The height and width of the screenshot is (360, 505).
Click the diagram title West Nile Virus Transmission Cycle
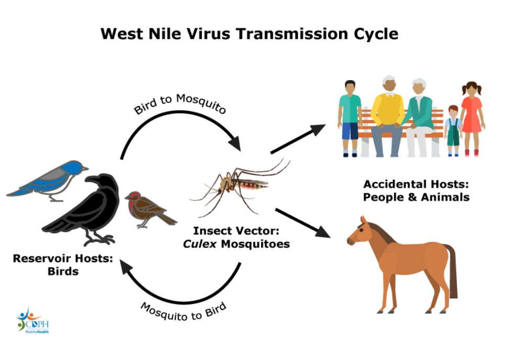pos(249,34)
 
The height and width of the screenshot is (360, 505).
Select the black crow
pos(89,209)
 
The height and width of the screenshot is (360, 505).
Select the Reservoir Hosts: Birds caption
pos(63,264)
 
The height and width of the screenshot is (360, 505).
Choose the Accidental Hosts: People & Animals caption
pos(417,190)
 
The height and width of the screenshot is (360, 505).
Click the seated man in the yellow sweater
pos(388,113)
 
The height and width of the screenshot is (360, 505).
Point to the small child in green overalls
pos(453,128)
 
